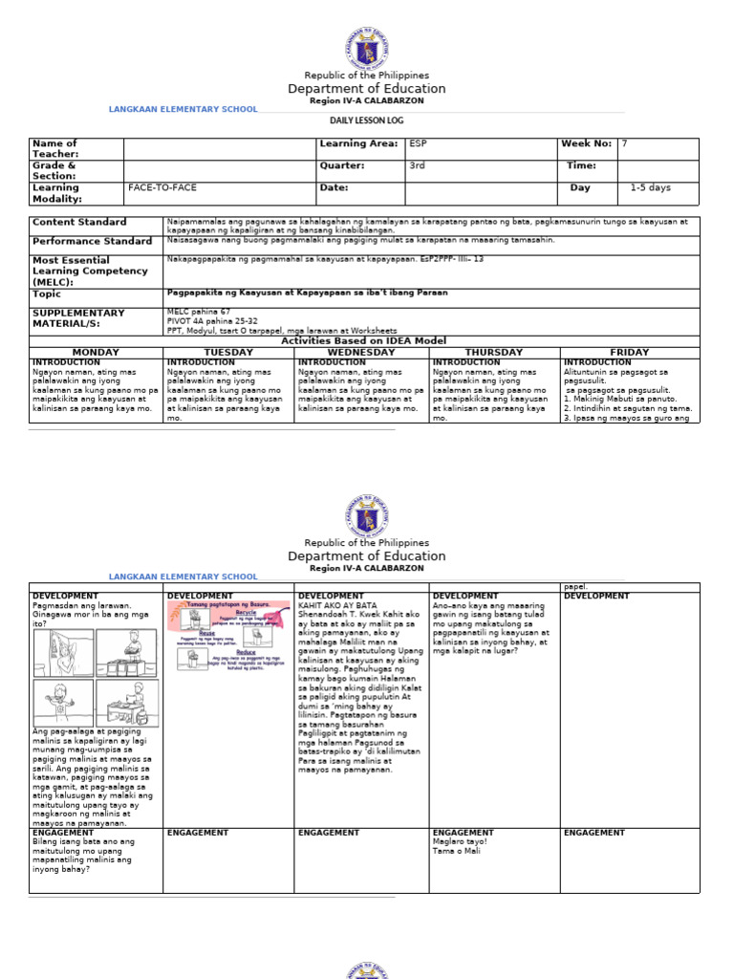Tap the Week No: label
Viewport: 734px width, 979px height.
586,143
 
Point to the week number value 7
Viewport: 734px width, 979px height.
625,143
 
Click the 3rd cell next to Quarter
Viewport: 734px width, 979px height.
418,165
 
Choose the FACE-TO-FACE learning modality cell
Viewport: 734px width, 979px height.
162,188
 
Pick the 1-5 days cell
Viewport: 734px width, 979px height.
650,188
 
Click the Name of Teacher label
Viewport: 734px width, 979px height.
54,149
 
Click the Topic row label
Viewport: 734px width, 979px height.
47,294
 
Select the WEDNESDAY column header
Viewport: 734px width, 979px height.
361,353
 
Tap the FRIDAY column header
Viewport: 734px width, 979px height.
629,353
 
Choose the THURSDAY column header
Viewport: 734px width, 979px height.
494,353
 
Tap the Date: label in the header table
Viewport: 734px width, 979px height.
335,188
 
